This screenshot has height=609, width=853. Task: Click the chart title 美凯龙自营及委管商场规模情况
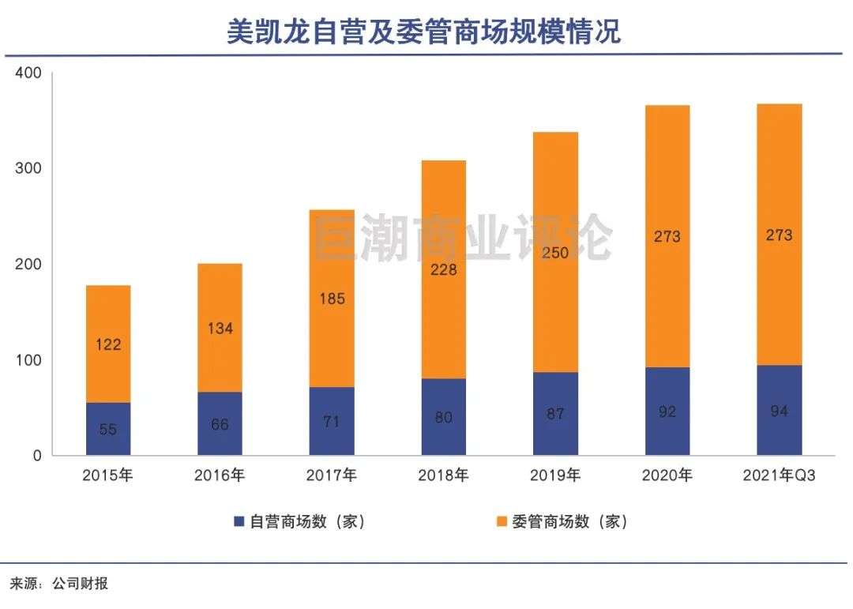(x=424, y=31)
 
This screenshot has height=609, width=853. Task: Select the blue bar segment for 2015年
(x=108, y=429)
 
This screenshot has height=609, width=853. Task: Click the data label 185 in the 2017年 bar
(x=332, y=299)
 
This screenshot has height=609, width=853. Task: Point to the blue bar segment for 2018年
(x=443, y=417)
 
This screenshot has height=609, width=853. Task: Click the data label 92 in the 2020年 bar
(x=667, y=412)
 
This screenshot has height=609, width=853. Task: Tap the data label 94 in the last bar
(x=779, y=412)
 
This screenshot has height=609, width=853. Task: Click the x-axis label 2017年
(x=331, y=476)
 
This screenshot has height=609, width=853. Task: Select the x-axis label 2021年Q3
(x=779, y=476)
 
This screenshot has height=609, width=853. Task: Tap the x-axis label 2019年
(x=554, y=476)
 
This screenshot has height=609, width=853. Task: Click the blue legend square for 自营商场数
(x=239, y=521)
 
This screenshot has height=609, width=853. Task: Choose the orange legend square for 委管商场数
(x=501, y=521)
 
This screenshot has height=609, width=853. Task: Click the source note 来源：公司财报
(x=58, y=585)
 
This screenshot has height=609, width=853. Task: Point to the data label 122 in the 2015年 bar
(x=108, y=344)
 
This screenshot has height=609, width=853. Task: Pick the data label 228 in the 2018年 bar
(x=443, y=269)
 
